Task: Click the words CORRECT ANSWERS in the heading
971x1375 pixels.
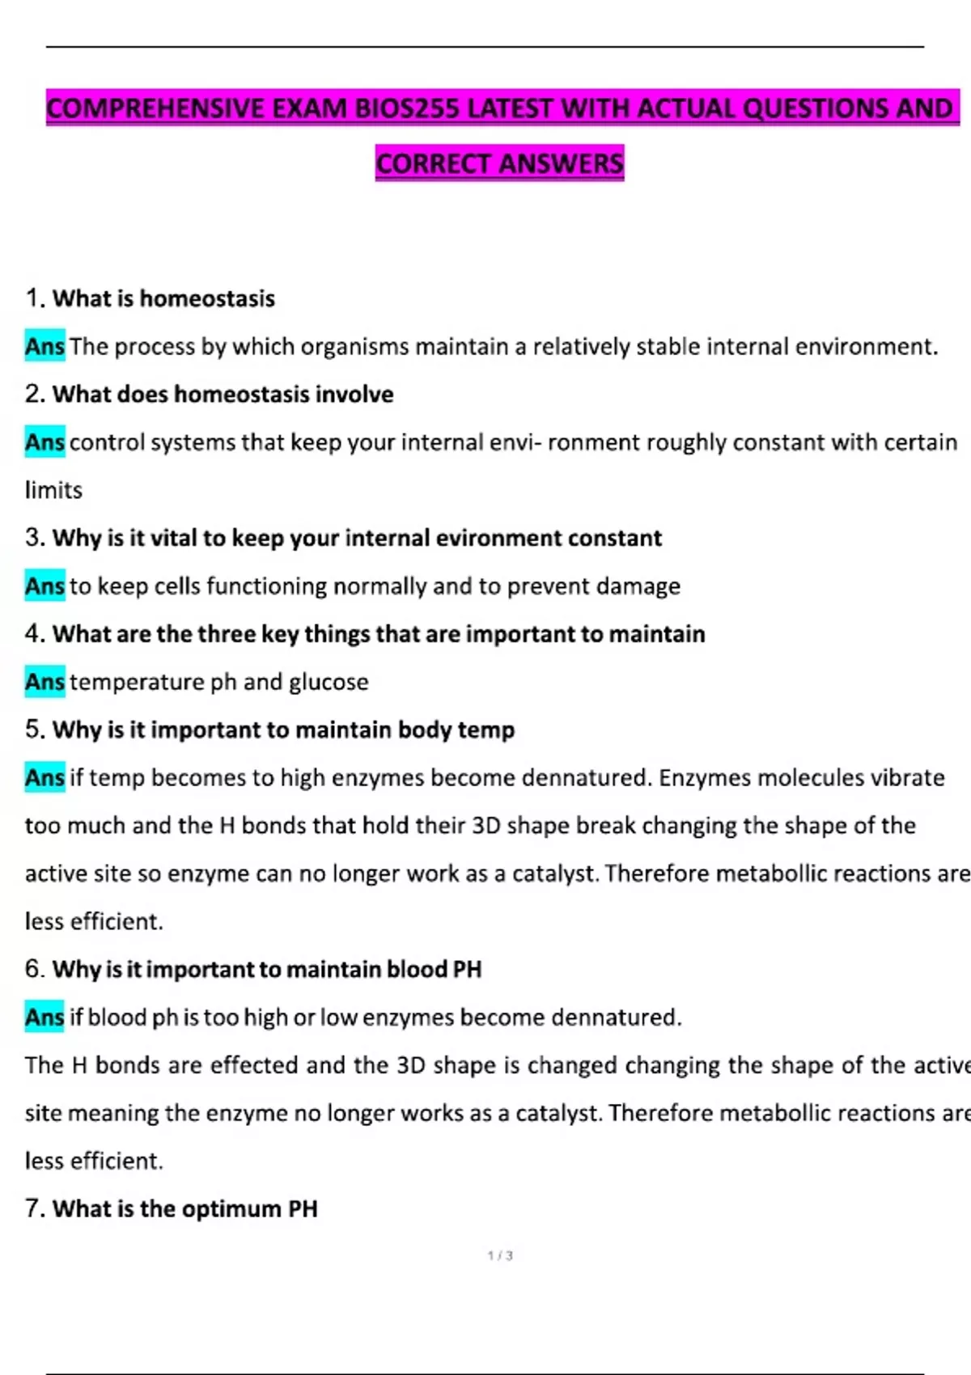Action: click(499, 163)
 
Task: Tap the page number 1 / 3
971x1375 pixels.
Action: click(500, 1255)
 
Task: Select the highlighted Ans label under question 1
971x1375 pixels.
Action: click(45, 346)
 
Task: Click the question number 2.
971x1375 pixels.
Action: click(34, 394)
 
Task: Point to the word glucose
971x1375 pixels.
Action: click(329, 682)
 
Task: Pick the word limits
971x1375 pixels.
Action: click(53, 490)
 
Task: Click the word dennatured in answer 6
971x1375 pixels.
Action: click(614, 1017)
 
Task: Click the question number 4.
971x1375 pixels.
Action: click(34, 633)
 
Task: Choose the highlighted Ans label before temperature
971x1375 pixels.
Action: click(45, 682)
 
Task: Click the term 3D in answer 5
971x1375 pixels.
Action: click(485, 825)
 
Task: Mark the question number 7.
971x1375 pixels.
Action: click(34, 1208)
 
